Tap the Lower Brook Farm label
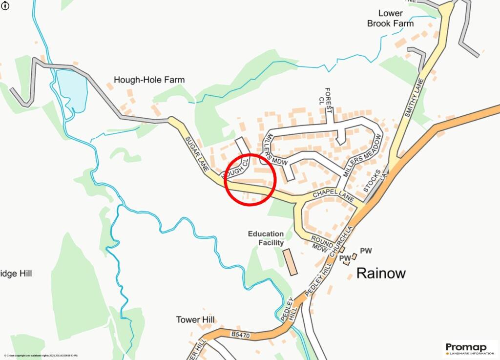coord(390,18)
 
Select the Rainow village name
coord(381,273)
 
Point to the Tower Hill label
coord(195,320)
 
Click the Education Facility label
coord(266,238)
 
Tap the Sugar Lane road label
coord(197,154)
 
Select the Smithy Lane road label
coord(413,98)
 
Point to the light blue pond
coord(72,90)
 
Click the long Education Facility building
coord(291,262)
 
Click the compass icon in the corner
coord(4,4)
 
